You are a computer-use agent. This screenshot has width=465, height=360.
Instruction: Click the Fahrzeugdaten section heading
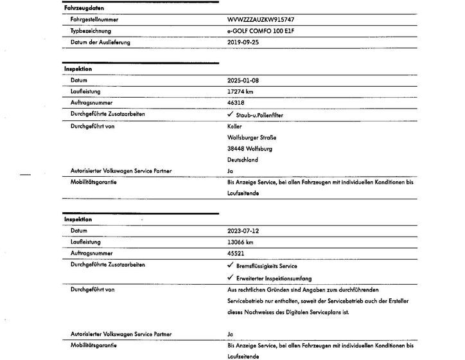83,8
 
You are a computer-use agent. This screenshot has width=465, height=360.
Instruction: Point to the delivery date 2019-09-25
243,42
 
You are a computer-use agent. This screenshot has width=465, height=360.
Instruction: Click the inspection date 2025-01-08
243,80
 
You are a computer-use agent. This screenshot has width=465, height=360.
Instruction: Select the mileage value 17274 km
241,91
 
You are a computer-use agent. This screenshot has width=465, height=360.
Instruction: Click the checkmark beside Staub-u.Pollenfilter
231,114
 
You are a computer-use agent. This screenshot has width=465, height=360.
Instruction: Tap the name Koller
234,126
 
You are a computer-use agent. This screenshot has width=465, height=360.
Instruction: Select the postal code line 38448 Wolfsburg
250,148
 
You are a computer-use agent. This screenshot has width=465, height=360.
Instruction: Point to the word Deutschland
243,159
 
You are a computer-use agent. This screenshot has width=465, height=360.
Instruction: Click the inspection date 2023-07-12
243,231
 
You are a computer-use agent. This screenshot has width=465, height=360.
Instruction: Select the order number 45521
236,253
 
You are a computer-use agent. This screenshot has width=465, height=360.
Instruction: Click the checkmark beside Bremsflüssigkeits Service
231,265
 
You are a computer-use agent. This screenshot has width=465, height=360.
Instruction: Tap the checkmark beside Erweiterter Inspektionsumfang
231,278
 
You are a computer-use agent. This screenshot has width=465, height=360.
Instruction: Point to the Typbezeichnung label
91,30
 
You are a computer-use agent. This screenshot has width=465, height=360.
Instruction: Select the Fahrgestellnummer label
94,19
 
